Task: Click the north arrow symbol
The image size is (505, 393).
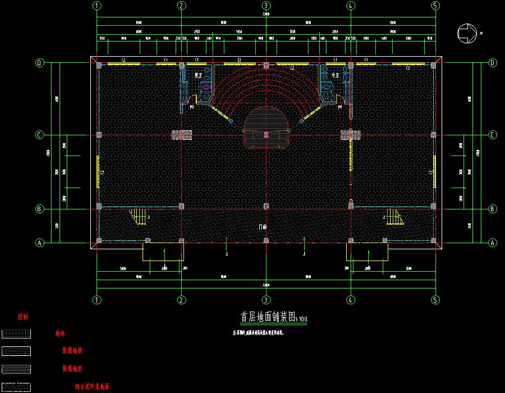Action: [x=469, y=33]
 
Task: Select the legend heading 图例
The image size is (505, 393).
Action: [x=23, y=317]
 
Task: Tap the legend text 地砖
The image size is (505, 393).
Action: [x=59, y=333]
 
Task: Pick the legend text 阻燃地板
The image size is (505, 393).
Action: [x=72, y=351]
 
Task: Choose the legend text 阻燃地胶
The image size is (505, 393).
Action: [x=72, y=369]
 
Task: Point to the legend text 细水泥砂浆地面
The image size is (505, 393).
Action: [x=92, y=387]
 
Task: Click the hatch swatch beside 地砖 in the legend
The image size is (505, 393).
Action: [x=16, y=333]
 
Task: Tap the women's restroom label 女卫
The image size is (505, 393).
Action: [x=336, y=75]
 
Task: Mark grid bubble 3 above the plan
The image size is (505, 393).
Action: [x=266, y=6]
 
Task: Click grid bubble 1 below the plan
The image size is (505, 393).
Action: [x=97, y=300]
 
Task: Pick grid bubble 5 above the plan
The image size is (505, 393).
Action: [x=435, y=6]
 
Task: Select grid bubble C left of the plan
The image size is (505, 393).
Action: [x=39, y=135]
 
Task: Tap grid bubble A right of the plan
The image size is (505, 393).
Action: [x=493, y=243]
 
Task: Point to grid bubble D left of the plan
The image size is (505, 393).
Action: [x=39, y=63]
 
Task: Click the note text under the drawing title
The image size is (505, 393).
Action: [x=259, y=332]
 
